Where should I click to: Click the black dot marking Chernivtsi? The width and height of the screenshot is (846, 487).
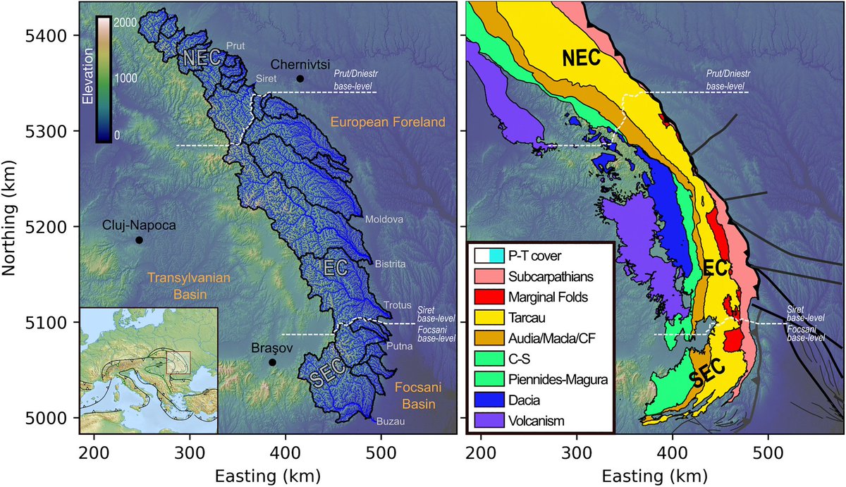click(300, 79)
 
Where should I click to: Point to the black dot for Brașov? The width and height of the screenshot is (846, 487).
click(272, 362)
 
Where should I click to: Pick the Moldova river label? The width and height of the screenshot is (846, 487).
click(384, 220)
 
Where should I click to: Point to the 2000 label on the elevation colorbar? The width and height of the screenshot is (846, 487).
click(125, 23)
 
